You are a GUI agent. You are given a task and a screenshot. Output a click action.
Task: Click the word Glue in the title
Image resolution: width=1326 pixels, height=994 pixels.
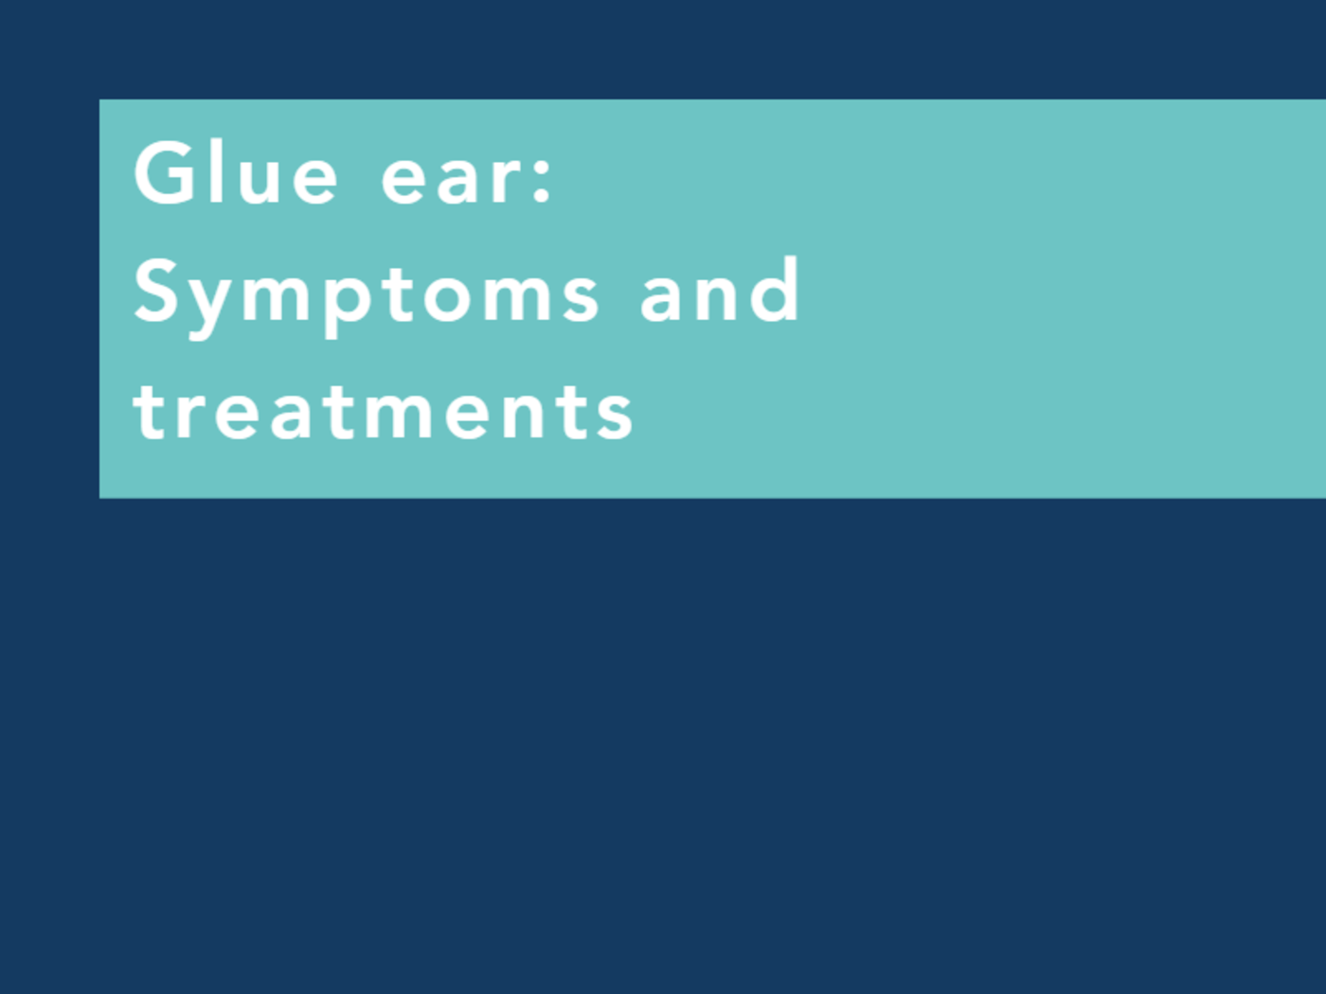pyautogui.click(x=236, y=172)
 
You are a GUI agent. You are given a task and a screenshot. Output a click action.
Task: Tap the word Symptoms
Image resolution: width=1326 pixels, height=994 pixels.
pyautogui.click(x=367, y=293)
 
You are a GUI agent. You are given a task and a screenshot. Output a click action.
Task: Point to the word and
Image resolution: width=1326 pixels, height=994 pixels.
pyautogui.click(x=720, y=291)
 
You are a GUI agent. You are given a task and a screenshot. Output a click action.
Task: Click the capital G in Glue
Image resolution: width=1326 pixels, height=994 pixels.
pyautogui.click(x=164, y=172)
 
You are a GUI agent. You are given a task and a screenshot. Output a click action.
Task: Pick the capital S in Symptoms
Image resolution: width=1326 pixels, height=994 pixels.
pyautogui.click(x=157, y=291)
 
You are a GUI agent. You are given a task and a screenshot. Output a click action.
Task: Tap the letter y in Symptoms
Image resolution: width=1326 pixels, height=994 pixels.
pyautogui.click(x=206, y=301)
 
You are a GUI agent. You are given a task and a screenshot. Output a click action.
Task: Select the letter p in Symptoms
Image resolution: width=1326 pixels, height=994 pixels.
pyautogui.click(x=347, y=301)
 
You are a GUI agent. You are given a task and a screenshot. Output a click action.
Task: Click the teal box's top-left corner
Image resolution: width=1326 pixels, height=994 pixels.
pyautogui.click(x=100, y=100)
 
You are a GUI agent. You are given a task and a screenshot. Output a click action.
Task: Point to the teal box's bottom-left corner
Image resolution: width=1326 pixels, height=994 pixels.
pyautogui.click(x=100, y=496)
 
